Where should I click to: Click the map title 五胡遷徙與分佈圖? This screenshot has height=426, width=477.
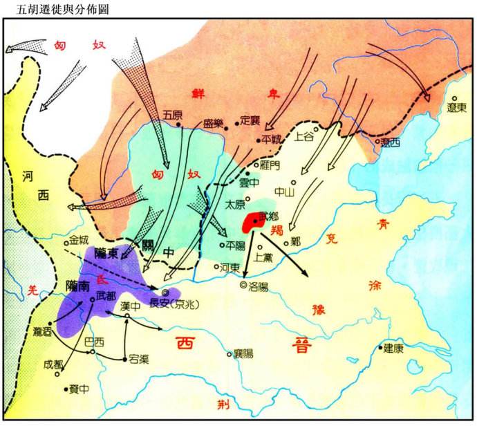click(x=57, y=10)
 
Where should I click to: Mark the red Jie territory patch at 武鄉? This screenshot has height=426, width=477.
click(x=253, y=223)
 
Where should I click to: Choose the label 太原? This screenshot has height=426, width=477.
click(x=235, y=205)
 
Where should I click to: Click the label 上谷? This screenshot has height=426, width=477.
click(x=305, y=137)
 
